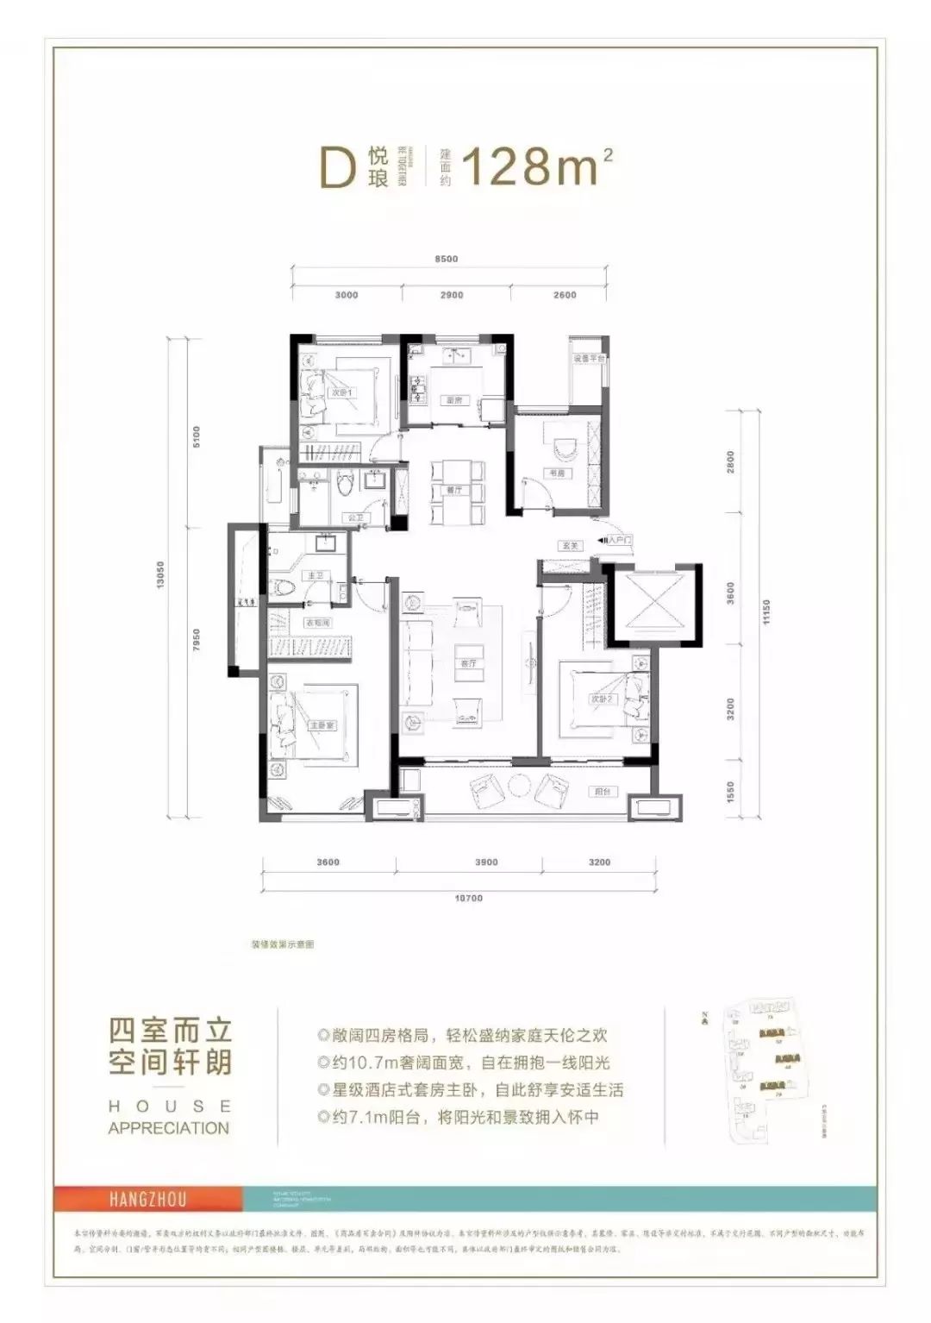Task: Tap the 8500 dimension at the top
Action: [x=446, y=259]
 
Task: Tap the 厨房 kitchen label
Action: [x=454, y=400]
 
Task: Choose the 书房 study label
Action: [x=553, y=472]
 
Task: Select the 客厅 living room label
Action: [x=468, y=664]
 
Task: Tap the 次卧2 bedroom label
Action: [x=601, y=699]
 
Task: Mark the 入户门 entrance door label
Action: [x=620, y=540]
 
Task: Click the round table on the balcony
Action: [x=522, y=787]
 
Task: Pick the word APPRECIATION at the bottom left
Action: [x=169, y=1127]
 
